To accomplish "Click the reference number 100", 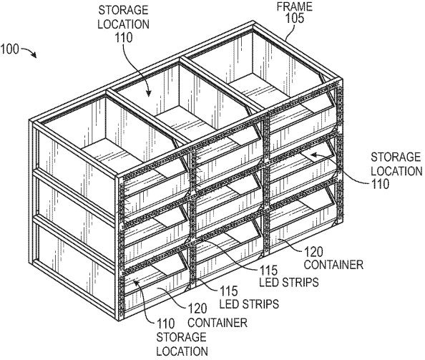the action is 10,49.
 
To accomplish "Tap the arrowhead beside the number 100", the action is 34,55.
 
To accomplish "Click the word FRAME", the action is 294,6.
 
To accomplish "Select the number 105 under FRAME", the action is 295,19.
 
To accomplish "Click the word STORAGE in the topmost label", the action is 123,10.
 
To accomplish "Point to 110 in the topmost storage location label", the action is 124,37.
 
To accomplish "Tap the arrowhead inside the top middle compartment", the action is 148,92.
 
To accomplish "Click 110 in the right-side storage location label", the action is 380,185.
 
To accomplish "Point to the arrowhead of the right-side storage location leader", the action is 314,155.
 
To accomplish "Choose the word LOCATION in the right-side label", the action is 396,171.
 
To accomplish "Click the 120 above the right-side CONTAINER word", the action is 313,252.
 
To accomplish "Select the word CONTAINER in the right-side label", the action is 333,265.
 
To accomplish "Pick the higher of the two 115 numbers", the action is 269,271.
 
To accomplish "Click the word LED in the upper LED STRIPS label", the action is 270,283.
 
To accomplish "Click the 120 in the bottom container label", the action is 197,309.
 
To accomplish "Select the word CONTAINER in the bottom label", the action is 218,323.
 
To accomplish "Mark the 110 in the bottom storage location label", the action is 166,323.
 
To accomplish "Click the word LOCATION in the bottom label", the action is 182,351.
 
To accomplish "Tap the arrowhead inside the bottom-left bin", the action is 136,283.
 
